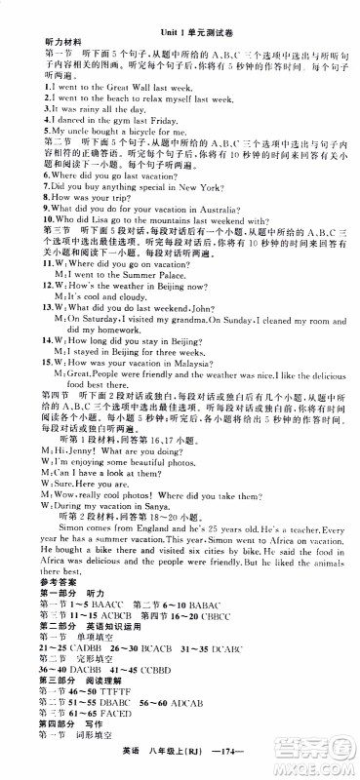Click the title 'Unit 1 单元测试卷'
pos(180,32)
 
